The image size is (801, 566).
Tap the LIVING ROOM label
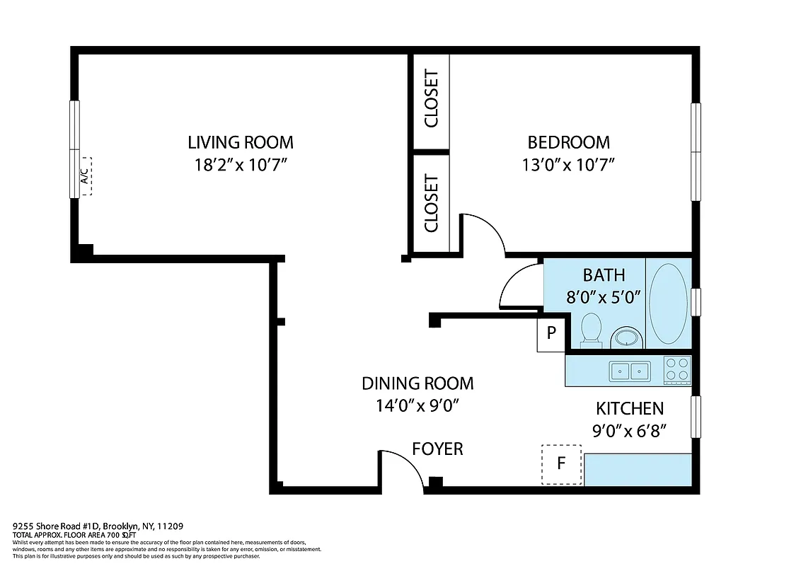tap(240, 142)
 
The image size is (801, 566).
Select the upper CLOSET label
tap(431, 98)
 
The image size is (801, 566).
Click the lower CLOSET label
tap(431, 204)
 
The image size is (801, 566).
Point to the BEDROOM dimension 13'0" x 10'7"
tap(567, 165)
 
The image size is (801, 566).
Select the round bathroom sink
tap(626, 337)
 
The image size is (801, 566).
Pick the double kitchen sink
tap(630, 370)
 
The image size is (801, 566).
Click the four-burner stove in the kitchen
tap(677, 369)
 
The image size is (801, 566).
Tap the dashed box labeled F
tap(561, 464)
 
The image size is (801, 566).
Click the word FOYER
tap(437, 449)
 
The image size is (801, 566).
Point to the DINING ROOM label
tap(417, 383)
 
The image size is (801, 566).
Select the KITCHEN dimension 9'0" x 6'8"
tap(630, 429)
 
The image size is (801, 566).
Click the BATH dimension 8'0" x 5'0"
tap(603, 297)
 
